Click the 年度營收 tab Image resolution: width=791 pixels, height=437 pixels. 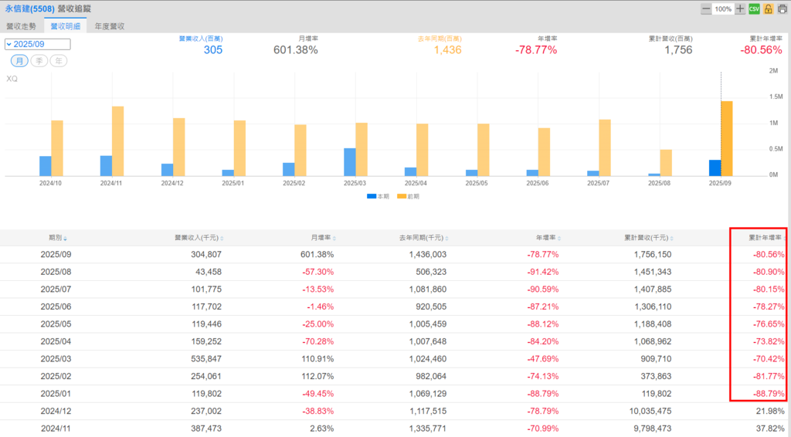(109, 25)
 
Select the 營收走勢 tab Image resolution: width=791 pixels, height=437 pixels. (20, 25)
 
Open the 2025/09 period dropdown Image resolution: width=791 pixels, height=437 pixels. (38, 44)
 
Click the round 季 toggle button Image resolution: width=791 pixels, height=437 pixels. (40, 60)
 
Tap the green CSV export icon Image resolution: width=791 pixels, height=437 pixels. (755, 8)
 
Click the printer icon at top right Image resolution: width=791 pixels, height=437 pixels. (782, 8)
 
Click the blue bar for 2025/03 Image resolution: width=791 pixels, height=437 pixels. (350, 162)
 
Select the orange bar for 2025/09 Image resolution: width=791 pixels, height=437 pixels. (727, 138)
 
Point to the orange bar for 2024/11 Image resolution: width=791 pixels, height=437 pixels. (117, 141)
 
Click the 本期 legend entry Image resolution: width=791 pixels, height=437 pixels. (377, 196)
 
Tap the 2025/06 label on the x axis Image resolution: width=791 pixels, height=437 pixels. (538, 184)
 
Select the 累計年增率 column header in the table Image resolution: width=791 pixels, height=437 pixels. (763, 237)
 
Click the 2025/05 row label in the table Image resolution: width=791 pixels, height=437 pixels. (56, 323)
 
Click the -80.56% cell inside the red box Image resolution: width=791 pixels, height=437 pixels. (769, 254)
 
